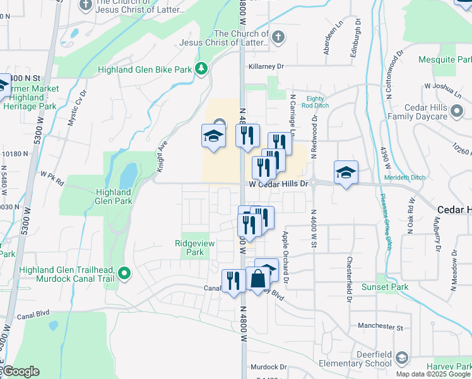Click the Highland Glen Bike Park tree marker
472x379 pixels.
[x=201, y=68]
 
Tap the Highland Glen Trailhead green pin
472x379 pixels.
[x=125, y=274]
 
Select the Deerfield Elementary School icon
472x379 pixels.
[x=401, y=359]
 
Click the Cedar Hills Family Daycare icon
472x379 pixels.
[x=457, y=112]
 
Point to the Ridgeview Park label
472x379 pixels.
[x=190, y=248]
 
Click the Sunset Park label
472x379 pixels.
[x=384, y=287]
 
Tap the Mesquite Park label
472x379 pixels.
[x=444, y=60]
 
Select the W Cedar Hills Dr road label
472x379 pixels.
[x=278, y=184]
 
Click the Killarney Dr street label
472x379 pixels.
[x=267, y=66]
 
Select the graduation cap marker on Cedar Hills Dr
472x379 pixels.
[x=346, y=172]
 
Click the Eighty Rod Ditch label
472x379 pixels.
[x=315, y=102]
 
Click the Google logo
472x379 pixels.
[x=21, y=371]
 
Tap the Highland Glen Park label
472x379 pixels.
[x=114, y=196]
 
